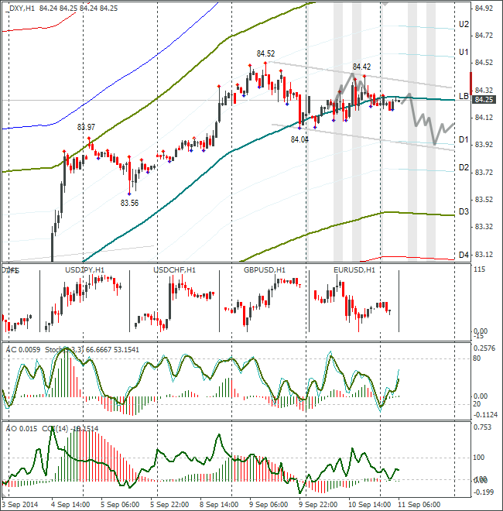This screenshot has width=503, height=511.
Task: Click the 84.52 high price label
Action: pos(265,53)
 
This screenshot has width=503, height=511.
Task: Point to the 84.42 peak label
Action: pos(362,67)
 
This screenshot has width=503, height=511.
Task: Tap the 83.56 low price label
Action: pos(129,203)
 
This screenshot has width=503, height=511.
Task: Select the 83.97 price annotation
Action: pos(86,127)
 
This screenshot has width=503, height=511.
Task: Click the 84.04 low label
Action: pos(299,139)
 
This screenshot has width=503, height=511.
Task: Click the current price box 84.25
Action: pos(484,100)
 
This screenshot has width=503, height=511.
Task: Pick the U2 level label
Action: pos(464,24)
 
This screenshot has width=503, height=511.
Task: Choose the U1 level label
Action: pos(464,52)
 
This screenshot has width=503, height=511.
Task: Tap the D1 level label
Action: pos(464,139)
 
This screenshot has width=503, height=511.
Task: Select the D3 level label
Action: pos(464,211)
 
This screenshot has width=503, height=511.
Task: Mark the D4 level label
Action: pos(464,255)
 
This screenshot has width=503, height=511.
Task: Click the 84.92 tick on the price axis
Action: pos(484,9)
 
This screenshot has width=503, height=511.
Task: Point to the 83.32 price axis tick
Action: pos(484,227)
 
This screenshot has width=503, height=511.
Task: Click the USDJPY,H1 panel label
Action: pos(86,270)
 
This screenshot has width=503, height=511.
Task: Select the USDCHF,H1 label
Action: pos(174,270)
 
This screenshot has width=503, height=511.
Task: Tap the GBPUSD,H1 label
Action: pos(265,270)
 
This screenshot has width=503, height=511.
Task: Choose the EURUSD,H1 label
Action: pos(354,270)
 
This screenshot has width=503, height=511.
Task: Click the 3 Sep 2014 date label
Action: pos(21,503)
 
